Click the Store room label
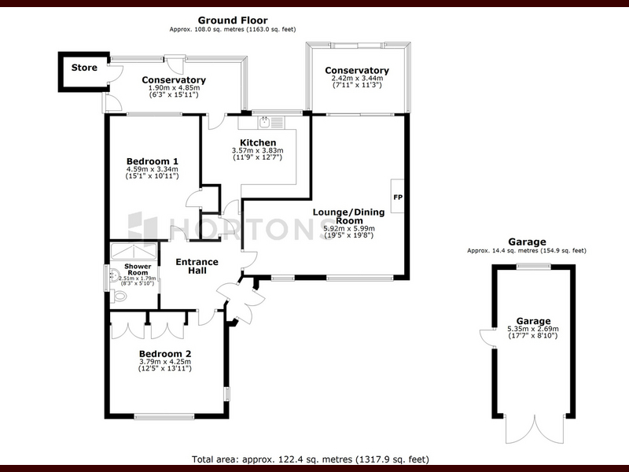click(84, 68)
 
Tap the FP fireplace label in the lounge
click(398, 197)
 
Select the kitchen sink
click(264, 122)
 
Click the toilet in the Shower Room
click(119, 297)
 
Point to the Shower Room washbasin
click(114, 275)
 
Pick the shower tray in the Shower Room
click(134, 251)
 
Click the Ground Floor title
click(233, 20)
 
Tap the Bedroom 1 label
click(152, 161)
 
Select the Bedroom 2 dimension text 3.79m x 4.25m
click(165, 361)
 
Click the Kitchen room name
click(258, 142)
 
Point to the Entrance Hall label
click(197, 266)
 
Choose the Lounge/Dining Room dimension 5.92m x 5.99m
click(349, 228)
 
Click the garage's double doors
click(535, 430)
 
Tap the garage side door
click(487, 337)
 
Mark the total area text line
click(311, 459)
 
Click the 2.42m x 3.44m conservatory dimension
click(357, 78)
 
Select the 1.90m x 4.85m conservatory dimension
click(174, 88)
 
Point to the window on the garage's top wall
click(534, 266)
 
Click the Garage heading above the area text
click(527, 242)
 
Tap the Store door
click(116, 72)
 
